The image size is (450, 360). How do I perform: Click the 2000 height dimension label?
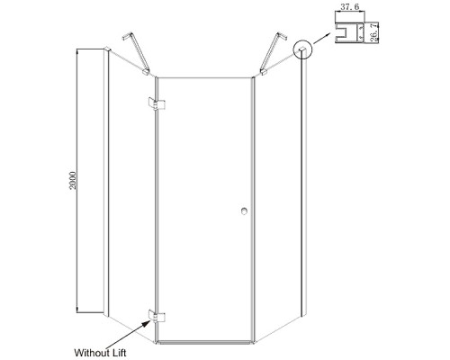coord(73,180)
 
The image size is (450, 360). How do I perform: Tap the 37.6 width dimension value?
coord(350,7)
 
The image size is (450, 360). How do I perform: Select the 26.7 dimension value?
coord(373,32)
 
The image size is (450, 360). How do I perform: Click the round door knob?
coord(244,211)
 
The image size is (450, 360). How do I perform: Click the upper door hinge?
coord(157,103)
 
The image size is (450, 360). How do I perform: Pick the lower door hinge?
coord(157,317)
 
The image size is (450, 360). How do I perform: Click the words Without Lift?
coord(100,353)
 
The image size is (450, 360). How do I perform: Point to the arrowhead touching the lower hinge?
coord(147,323)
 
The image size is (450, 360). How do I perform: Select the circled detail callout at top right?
coord(303,49)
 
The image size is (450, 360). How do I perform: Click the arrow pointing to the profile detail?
coord(321,38)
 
